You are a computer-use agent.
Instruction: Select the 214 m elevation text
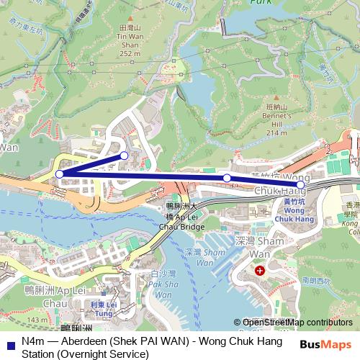click(x=276, y=132)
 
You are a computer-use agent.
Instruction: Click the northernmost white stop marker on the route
click(x=125, y=156)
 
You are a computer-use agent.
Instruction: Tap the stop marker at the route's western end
click(x=59, y=174)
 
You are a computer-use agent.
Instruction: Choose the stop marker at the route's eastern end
click(x=300, y=185)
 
